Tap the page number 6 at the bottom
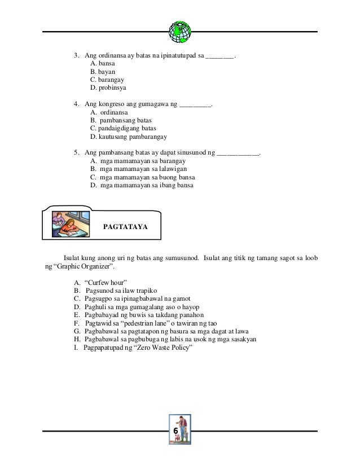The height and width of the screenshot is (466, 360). click(180, 430)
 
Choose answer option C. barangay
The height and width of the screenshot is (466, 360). click(107, 80)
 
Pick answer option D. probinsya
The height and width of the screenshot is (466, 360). click(108, 89)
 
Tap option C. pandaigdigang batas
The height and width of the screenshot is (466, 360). click(123, 128)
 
